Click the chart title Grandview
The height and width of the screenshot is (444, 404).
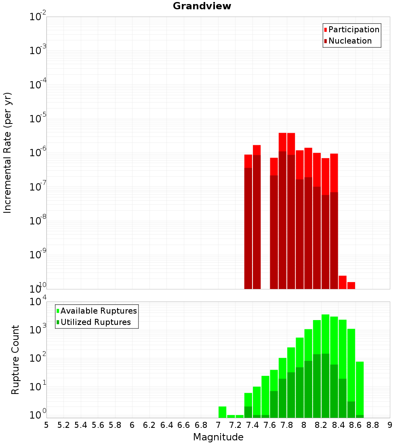(202, 6)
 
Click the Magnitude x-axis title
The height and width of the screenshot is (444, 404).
(218, 437)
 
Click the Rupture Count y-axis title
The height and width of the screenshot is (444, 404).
(15, 360)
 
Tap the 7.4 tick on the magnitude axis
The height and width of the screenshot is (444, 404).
(253, 425)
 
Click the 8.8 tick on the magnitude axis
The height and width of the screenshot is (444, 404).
(373, 425)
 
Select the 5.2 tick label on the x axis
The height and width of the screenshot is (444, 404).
(63, 425)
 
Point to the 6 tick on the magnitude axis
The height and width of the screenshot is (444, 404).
(132, 425)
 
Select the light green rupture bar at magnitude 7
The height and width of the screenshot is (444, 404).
(222, 412)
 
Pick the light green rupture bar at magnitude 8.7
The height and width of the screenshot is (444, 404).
(360, 387)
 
